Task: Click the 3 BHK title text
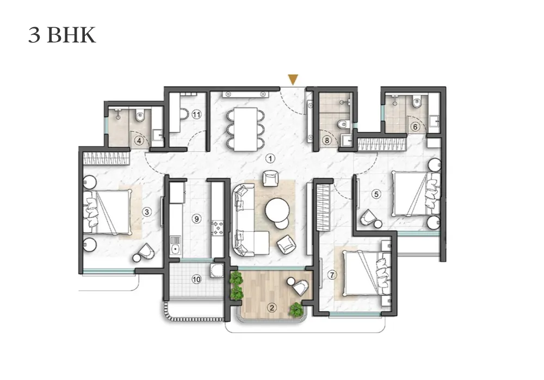pyautogui.click(x=62, y=35)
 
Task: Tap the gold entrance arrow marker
pyautogui.click(x=293, y=79)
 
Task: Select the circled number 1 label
pyautogui.click(x=270, y=159)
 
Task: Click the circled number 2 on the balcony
pyautogui.click(x=271, y=308)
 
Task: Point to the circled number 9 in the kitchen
pyautogui.click(x=197, y=219)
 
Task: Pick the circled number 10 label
pyautogui.click(x=196, y=279)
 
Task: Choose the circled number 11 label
pyautogui.click(x=196, y=114)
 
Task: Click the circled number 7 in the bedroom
pyautogui.click(x=332, y=275)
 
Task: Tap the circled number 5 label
pyautogui.click(x=376, y=194)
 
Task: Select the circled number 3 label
pyautogui.click(x=147, y=212)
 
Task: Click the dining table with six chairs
pyautogui.click(x=246, y=129)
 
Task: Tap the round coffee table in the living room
pyautogui.click(x=277, y=210)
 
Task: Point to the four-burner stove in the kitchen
pyautogui.click(x=218, y=228)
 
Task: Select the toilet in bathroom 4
pyautogui.click(x=140, y=115)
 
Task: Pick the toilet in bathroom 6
pyautogui.click(x=417, y=101)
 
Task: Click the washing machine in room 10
pyautogui.click(x=217, y=271)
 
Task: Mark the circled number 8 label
pyautogui.click(x=327, y=140)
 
